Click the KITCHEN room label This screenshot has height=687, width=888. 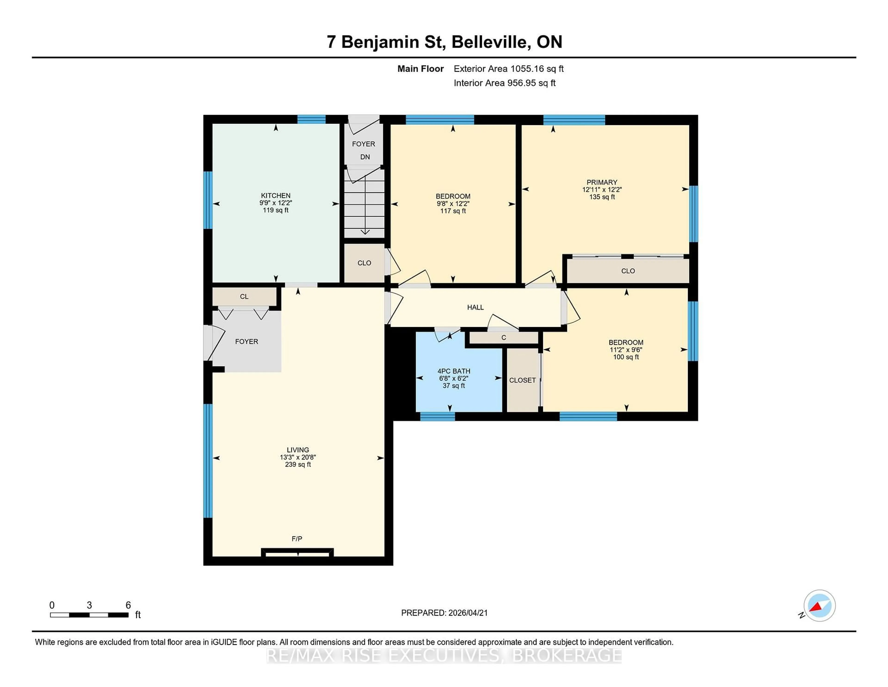tap(276, 195)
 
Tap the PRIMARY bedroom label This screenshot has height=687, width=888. tap(602, 182)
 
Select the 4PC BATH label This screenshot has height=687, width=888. tap(454, 371)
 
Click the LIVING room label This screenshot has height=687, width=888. tap(298, 450)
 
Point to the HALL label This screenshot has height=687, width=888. tap(475, 307)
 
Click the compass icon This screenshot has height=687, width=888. tap(819, 606)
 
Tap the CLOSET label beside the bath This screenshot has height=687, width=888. tap(522, 380)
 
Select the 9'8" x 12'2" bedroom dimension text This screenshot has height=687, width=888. tap(453, 203)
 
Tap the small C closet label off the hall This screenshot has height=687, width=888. tap(503, 338)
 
